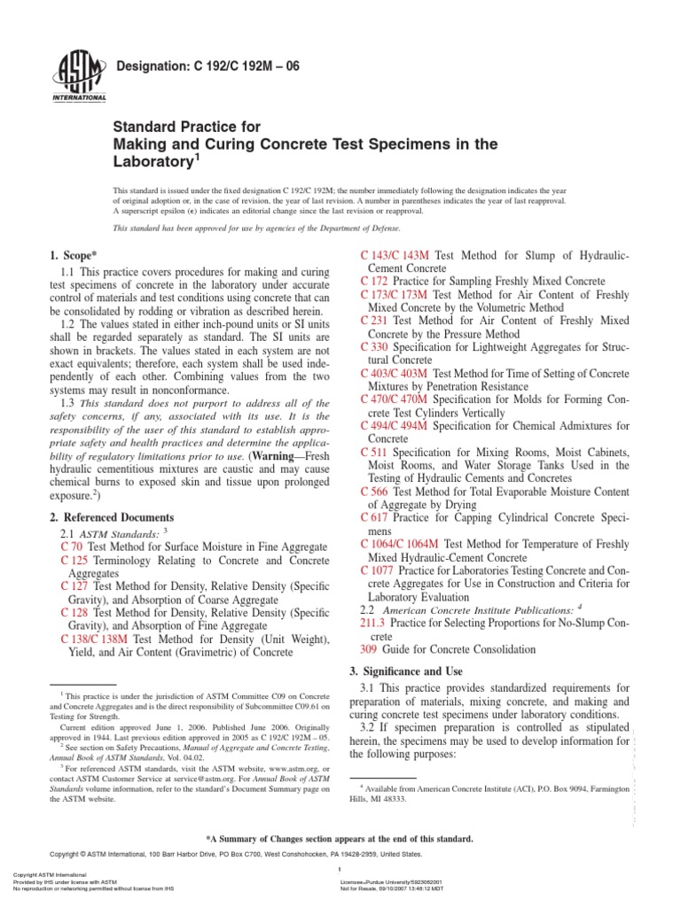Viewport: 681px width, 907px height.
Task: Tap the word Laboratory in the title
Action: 160,162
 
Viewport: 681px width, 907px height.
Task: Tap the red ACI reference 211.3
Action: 374,624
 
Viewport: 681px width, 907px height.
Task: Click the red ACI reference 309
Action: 370,648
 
